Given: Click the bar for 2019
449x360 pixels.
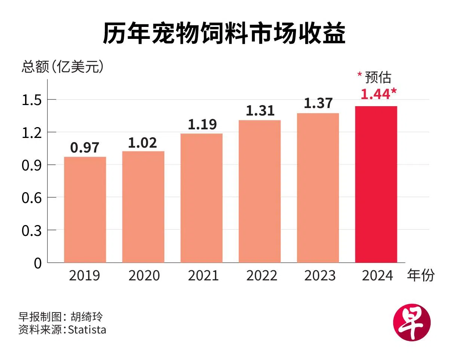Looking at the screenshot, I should [x=85, y=209].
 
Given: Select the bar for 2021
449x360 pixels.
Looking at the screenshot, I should [x=201, y=198].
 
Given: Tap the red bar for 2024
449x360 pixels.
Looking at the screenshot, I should [x=376, y=184].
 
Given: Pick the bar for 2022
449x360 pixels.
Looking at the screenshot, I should [x=260, y=191].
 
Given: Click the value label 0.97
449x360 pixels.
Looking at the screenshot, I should [x=85, y=148].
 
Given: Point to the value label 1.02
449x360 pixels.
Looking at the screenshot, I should [x=143, y=142].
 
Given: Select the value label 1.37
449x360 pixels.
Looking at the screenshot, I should [x=318, y=104].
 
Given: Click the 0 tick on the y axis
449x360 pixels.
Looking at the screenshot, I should [x=38, y=263].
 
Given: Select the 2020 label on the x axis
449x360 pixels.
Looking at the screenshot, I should [x=144, y=276].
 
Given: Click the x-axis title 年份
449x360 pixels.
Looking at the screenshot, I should [x=421, y=276].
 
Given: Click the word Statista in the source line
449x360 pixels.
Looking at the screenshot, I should [x=87, y=330].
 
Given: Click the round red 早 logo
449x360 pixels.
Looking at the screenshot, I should [x=412, y=322].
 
